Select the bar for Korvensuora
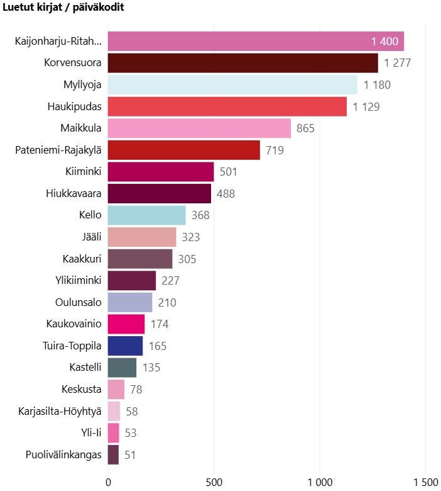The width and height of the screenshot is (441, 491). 242,63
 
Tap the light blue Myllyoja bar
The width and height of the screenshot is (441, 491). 232,84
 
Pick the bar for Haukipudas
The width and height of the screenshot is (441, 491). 227,106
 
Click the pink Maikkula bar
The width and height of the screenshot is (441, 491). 199,128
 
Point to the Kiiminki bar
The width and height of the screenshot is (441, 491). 161,172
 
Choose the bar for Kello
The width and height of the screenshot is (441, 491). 146,215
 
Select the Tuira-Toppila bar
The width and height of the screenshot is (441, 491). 125,346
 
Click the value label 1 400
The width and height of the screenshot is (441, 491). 384,42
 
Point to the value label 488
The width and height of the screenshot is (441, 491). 226,194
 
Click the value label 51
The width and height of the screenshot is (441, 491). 130,454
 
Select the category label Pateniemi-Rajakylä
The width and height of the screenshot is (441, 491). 58,150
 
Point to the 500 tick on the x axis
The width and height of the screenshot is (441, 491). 214,482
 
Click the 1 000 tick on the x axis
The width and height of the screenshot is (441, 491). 320,482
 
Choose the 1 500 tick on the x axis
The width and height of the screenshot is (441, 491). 425,482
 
